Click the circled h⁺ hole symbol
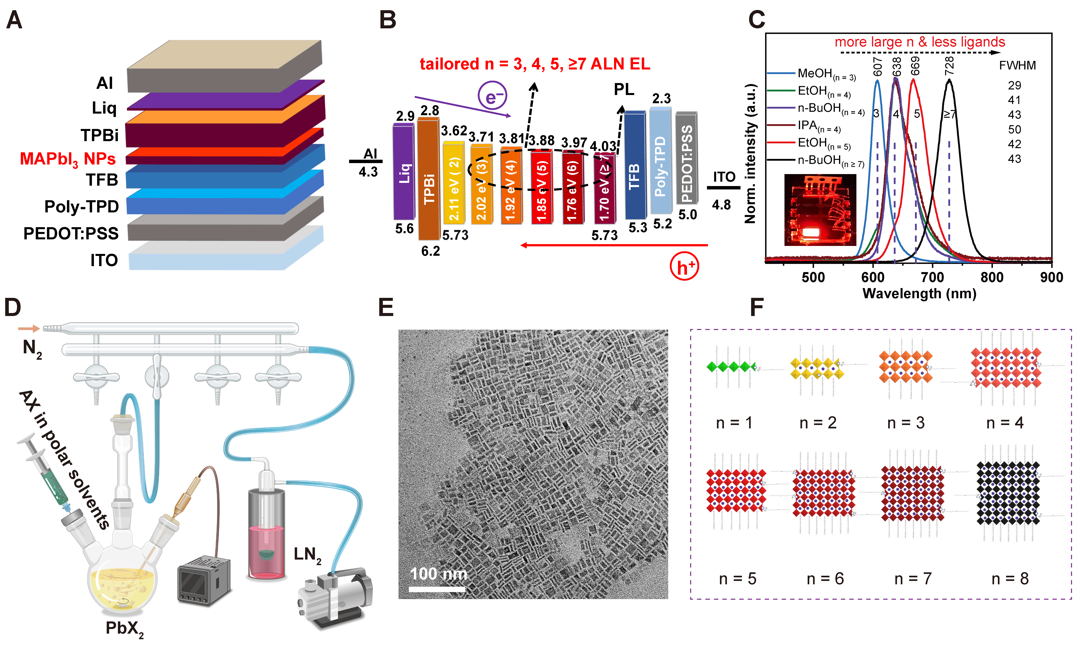coord(684,267)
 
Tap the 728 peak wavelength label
coord(949,65)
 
